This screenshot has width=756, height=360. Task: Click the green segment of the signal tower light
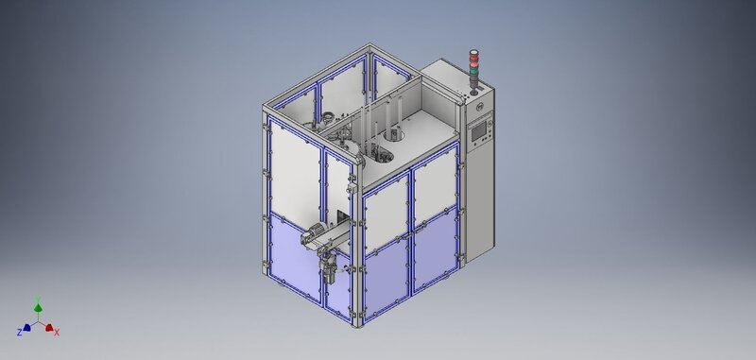pyautogui.click(x=474, y=72)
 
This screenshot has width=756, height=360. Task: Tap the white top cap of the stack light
pyautogui.click(x=474, y=51)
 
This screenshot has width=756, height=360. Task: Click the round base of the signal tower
pyautogui.click(x=474, y=93)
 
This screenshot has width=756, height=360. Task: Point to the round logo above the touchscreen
pyautogui.click(x=480, y=106)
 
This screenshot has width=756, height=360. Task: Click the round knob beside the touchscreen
pyautogui.click(x=490, y=125)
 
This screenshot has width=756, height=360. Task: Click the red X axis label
pyautogui.click(x=57, y=333)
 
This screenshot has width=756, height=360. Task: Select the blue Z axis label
pyautogui.click(x=20, y=332)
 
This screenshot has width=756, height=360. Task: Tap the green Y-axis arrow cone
pyautogui.click(x=38, y=307)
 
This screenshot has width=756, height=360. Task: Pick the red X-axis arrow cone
pyautogui.click(x=49, y=328)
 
